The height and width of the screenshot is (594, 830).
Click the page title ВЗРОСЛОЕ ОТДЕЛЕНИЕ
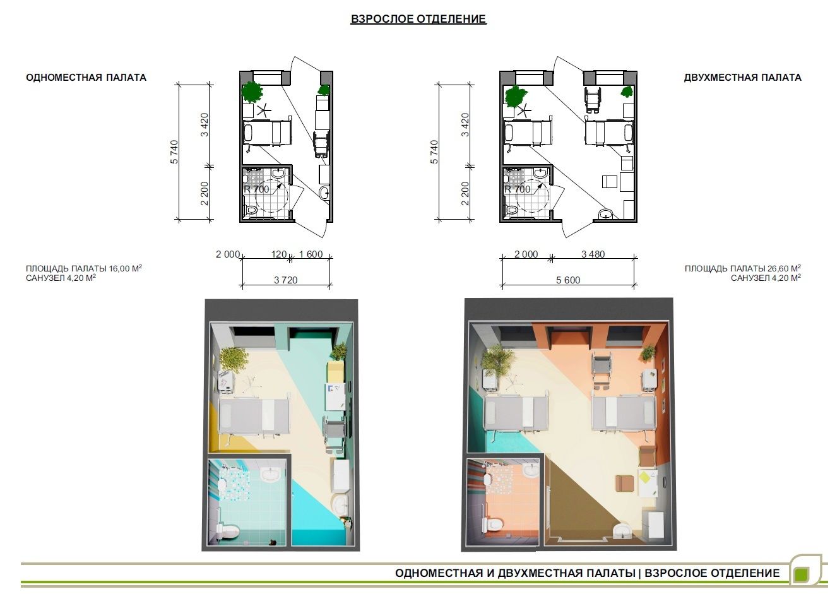point(418,19)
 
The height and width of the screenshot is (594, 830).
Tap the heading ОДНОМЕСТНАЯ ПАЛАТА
point(86,78)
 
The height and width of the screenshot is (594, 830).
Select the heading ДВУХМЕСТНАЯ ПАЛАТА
point(742,78)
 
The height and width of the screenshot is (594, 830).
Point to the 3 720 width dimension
point(286,280)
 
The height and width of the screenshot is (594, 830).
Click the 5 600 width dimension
point(568,280)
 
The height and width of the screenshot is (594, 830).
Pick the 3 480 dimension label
point(593,254)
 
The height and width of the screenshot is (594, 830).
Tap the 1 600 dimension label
point(311,254)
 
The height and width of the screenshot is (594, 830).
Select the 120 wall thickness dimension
point(278,254)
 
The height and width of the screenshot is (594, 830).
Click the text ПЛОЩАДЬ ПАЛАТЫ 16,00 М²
point(84,268)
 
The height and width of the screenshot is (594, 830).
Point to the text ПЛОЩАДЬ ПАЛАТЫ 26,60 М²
point(743,268)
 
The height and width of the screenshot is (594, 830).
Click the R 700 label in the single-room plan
point(256,189)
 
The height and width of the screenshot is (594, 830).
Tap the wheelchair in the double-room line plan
point(592,99)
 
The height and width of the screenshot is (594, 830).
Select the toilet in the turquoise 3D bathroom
point(230,531)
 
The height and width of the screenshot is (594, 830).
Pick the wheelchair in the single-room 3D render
point(335,433)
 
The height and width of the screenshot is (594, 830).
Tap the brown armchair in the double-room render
point(625,483)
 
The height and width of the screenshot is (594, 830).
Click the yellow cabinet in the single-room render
point(336,372)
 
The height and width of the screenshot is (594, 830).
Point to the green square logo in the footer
point(801,574)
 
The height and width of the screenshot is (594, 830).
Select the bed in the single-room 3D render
point(254,415)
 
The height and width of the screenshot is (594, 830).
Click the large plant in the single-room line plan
point(252,91)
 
